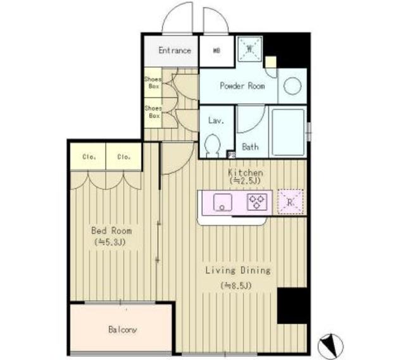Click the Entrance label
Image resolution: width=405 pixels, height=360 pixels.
click(x=175, y=51)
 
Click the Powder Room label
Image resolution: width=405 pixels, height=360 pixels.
click(x=242, y=86)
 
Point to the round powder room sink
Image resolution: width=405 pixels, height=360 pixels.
click(x=292, y=86)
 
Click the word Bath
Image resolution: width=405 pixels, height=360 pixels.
click(x=251, y=147)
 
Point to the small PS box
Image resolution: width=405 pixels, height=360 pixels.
click(x=231, y=154)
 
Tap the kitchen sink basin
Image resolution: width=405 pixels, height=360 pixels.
click(x=222, y=202)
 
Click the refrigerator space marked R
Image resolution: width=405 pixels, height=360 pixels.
click(x=290, y=202)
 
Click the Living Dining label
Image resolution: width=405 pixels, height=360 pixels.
click(x=237, y=270)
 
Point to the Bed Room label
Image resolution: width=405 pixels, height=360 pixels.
click(x=111, y=232)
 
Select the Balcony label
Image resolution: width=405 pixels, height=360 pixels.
click(x=120, y=330)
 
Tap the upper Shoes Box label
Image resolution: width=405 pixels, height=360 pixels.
click(x=154, y=82)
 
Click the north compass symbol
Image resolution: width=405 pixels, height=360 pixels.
click(x=330, y=345)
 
